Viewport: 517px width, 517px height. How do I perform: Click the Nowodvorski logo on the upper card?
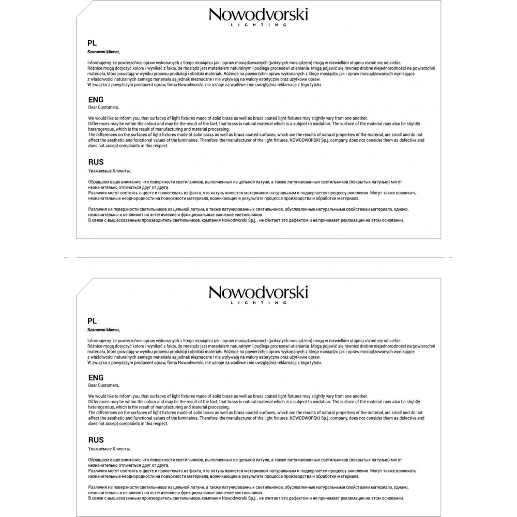(258, 14)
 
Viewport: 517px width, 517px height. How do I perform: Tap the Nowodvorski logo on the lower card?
(258, 292)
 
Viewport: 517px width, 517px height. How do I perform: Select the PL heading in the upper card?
(92, 43)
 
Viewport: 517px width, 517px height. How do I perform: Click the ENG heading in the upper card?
(96, 100)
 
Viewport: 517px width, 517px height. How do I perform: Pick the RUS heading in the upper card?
(96, 162)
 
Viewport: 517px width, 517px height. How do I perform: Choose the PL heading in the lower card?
(92, 321)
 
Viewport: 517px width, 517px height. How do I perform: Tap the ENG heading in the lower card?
(96, 377)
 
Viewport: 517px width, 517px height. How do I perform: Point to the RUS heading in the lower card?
(96, 440)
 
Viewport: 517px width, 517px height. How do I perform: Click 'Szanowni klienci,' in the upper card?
(103, 52)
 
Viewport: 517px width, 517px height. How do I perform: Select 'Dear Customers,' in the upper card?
(103, 108)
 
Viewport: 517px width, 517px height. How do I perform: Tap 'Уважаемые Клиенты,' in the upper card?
(110, 171)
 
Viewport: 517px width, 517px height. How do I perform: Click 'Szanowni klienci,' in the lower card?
(103, 330)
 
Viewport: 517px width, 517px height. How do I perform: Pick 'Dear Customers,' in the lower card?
(103, 385)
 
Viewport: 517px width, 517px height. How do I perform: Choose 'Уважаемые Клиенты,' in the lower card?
(110, 449)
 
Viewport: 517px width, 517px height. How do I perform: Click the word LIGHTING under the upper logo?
(258, 25)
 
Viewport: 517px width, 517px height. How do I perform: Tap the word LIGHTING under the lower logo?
(258, 302)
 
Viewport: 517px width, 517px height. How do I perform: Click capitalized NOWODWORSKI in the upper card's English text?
(308, 140)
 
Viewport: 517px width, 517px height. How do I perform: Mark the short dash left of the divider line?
(66, 257)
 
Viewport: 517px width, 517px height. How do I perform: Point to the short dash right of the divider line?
(450, 257)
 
